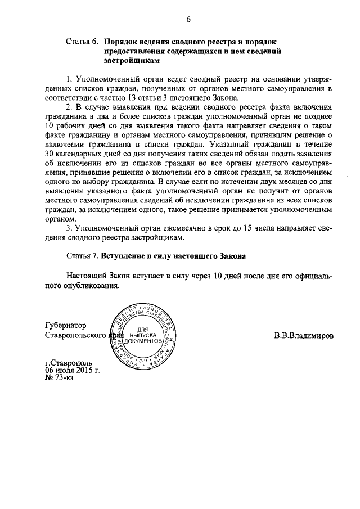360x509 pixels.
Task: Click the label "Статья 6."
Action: (x=83, y=42)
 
